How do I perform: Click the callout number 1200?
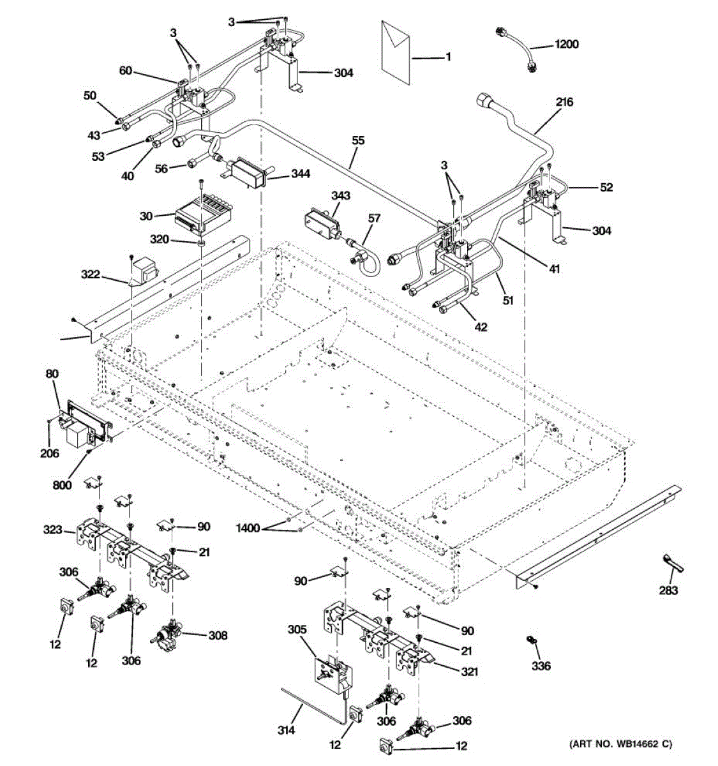click(566, 44)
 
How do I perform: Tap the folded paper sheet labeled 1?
click(396, 48)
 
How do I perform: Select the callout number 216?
click(564, 102)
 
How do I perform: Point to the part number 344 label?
click(301, 174)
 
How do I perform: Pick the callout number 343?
click(340, 195)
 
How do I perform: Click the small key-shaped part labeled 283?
click(669, 565)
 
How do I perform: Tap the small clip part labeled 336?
click(530, 640)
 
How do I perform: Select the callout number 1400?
click(248, 528)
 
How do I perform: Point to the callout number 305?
click(297, 629)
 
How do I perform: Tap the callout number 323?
click(53, 529)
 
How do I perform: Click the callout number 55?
click(358, 140)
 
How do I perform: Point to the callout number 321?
click(469, 672)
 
